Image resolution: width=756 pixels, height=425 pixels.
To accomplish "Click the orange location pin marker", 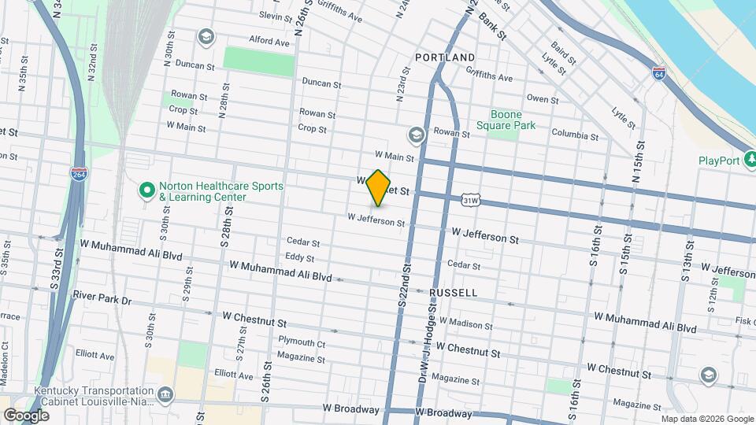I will click(379, 188).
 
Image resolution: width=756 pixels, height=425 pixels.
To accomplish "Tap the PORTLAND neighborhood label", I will click(445, 57).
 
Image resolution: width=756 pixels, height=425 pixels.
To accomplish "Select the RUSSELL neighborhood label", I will click(453, 292).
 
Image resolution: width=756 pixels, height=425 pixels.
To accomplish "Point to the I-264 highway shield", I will click(79, 173).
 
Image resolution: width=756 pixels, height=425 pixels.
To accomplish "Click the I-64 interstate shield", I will click(658, 72).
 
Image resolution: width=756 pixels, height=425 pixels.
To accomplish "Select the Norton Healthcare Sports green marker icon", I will click(146, 190).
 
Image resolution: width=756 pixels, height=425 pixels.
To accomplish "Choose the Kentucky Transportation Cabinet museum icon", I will click(166, 394).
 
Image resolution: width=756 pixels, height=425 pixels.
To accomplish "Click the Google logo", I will click(26, 415).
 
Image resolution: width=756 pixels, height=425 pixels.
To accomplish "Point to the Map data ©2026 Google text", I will click(707, 419).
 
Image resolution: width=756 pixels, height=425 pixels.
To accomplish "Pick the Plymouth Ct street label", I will click(302, 343).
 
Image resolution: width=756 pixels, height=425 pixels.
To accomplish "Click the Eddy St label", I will click(299, 257).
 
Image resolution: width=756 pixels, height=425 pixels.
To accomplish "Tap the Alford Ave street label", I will click(269, 41).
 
